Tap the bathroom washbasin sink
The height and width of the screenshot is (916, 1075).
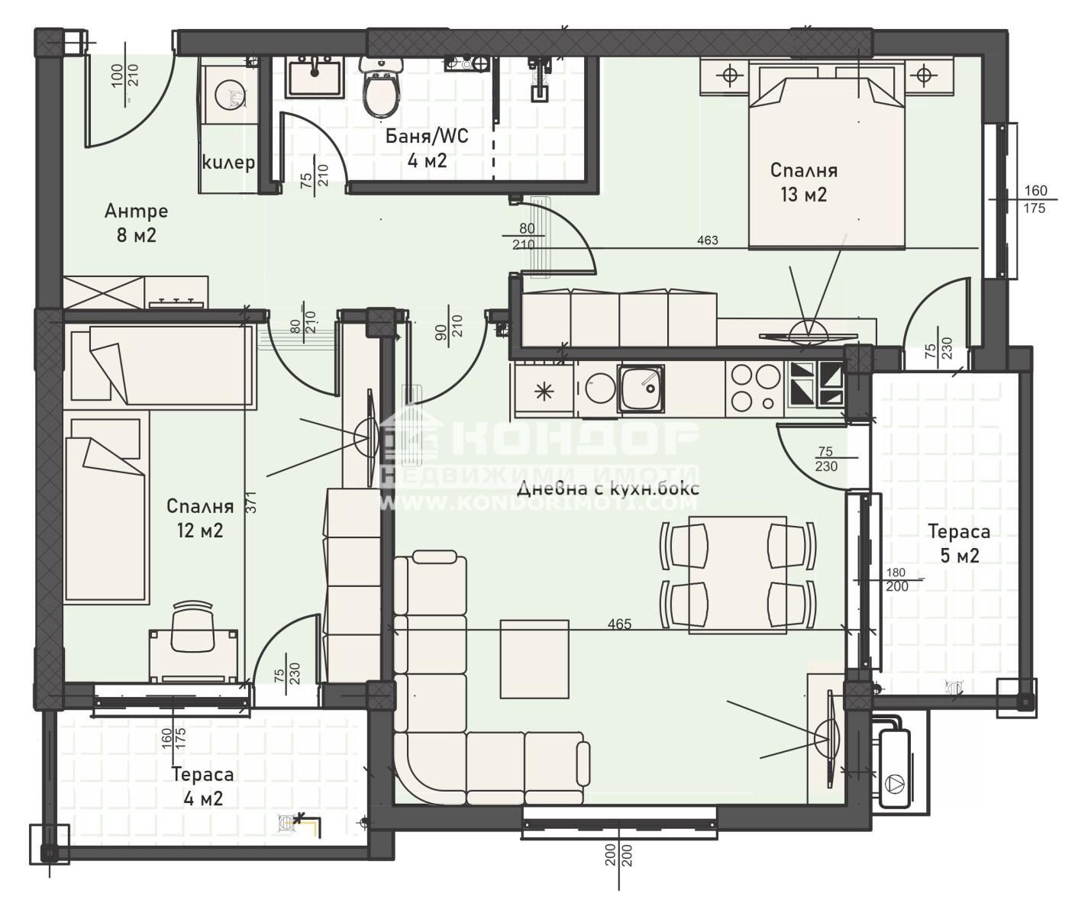tap(314, 77)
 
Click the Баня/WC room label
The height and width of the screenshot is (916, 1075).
tap(427, 136)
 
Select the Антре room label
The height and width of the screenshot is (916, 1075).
tap(136, 211)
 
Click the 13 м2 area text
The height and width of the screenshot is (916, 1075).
tap(803, 195)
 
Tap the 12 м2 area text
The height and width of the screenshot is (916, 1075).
tap(200, 531)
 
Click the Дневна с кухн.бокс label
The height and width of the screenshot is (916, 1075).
tap(609, 489)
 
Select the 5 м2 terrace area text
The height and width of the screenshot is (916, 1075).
tap(960, 556)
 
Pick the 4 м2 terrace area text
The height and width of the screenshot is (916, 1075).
tap(203, 798)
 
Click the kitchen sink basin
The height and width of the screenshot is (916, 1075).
tap(641, 388)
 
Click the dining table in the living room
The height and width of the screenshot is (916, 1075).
tap(738, 575)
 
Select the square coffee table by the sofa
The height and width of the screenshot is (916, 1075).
tap(534, 659)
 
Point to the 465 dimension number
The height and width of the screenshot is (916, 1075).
tap(619, 624)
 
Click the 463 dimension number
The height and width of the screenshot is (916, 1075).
tap(707, 240)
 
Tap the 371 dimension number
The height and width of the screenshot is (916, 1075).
tap(251, 503)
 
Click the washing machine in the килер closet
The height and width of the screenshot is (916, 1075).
tap(229, 94)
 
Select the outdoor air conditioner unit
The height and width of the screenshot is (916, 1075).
tap(896, 768)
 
